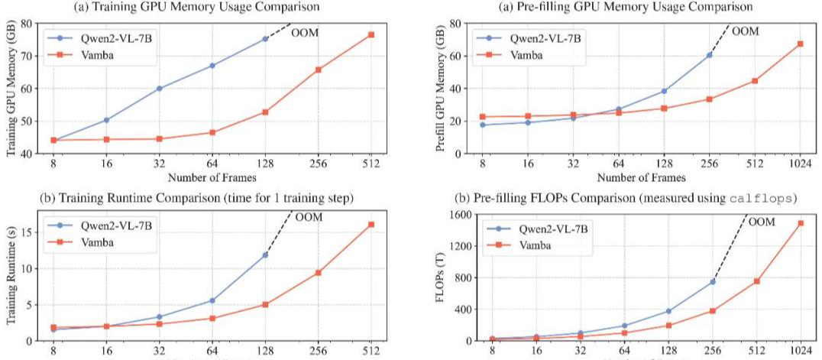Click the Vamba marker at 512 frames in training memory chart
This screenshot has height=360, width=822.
tap(371, 35)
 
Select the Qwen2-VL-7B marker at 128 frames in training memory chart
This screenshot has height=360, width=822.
tap(266, 38)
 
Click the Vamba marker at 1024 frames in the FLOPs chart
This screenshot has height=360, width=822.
tap(800, 223)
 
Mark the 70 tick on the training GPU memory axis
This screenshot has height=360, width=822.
tap(27, 56)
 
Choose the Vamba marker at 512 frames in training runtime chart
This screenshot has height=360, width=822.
tap(371, 225)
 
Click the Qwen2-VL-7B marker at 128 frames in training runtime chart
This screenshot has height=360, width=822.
tap(266, 255)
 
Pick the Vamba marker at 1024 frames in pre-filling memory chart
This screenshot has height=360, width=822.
tap(800, 44)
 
